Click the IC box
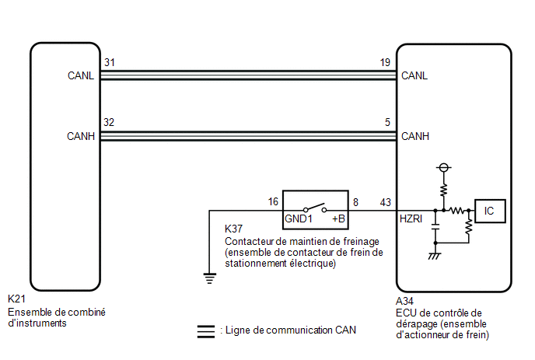(490, 211)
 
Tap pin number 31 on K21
(110, 62)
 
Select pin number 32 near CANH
(109, 122)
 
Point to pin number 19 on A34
(385, 62)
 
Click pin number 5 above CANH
(387, 122)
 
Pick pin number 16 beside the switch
(273, 201)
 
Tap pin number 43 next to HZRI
(386, 202)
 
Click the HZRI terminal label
(411, 218)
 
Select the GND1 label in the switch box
(298, 218)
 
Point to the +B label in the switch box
(338, 218)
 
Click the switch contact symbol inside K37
(315, 208)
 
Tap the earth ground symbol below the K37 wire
(209, 278)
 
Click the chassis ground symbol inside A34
(435, 256)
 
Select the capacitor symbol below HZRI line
(435, 227)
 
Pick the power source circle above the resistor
(443, 167)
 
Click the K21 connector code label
(16, 299)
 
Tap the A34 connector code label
(404, 301)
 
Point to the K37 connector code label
(233, 229)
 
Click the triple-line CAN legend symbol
(206, 331)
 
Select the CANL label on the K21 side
(81, 75)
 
